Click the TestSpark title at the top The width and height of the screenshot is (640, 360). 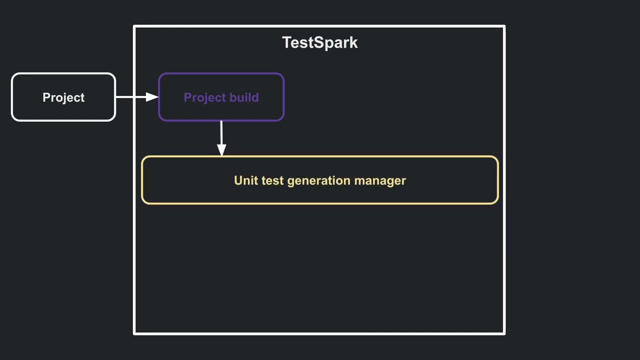click(x=320, y=42)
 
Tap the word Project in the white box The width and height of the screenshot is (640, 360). click(x=63, y=97)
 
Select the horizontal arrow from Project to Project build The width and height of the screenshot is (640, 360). click(x=131, y=97)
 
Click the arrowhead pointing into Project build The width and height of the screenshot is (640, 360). click(x=152, y=97)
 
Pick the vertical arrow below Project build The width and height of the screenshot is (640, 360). click(x=221, y=133)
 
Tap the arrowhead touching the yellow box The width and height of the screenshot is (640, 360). click(x=221, y=149)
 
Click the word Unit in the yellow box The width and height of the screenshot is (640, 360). click(x=245, y=180)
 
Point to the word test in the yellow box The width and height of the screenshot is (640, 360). click(x=272, y=180)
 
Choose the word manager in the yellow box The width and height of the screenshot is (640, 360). click(x=380, y=181)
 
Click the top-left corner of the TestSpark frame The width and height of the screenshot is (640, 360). click(x=134, y=26)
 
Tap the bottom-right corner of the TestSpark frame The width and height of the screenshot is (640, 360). click(x=504, y=333)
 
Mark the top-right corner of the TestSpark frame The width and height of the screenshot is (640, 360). click(x=504, y=26)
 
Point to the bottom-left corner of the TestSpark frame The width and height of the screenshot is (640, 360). click(x=134, y=333)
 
